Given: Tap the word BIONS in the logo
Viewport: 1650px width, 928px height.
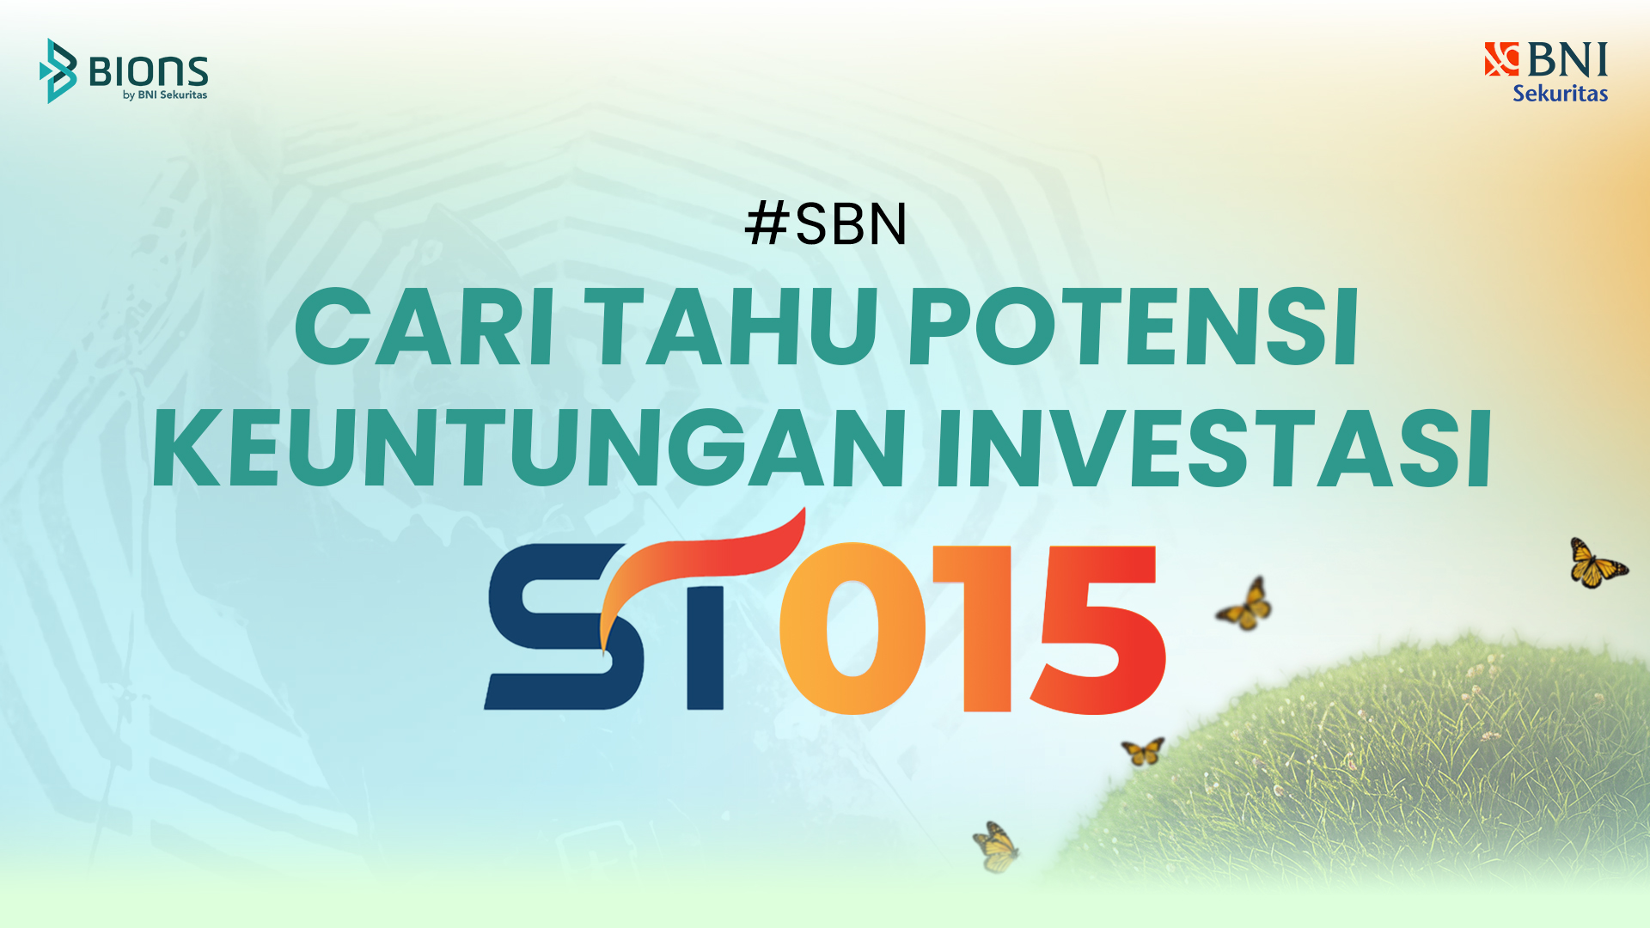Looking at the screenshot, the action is pyautogui.click(x=149, y=71).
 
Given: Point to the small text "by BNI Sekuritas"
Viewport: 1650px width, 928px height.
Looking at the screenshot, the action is pyautogui.click(x=165, y=95).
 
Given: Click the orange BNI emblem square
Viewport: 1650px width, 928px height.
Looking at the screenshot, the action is pyautogui.click(x=1501, y=59).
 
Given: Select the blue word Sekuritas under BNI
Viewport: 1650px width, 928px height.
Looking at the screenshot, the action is pyautogui.click(x=1560, y=93).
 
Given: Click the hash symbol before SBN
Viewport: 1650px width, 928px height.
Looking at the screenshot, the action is pyautogui.click(x=767, y=223).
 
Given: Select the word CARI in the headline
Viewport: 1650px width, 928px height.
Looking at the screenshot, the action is pyautogui.click(x=425, y=327).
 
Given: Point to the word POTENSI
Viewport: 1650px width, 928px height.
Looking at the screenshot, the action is pyautogui.click(x=1133, y=327).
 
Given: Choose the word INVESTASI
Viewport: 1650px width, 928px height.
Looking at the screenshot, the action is pyautogui.click(x=1214, y=448).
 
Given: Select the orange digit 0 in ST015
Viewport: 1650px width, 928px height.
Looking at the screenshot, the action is pyautogui.click(x=852, y=628).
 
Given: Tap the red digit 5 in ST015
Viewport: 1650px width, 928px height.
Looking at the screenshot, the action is pyautogui.click(x=1097, y=628).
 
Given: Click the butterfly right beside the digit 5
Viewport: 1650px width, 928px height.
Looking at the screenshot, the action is pyautogui.click(x=1245, y=605).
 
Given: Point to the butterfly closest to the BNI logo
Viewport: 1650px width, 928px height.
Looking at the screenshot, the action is pyautogui.click(x=1597, y=564).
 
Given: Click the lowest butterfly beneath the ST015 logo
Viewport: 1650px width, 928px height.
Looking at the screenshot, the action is pyautogui.click(x=996, y=847).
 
